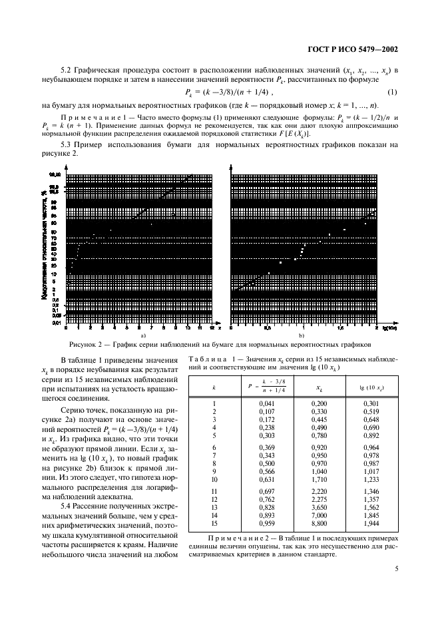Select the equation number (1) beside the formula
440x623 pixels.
[x=394, y=92]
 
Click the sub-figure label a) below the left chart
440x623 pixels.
[x=142, y=337]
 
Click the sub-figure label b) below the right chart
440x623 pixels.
[x=302, y=337]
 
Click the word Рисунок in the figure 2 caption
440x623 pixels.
[x=85, y=345]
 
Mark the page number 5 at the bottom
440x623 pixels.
[x=396, y=588]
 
